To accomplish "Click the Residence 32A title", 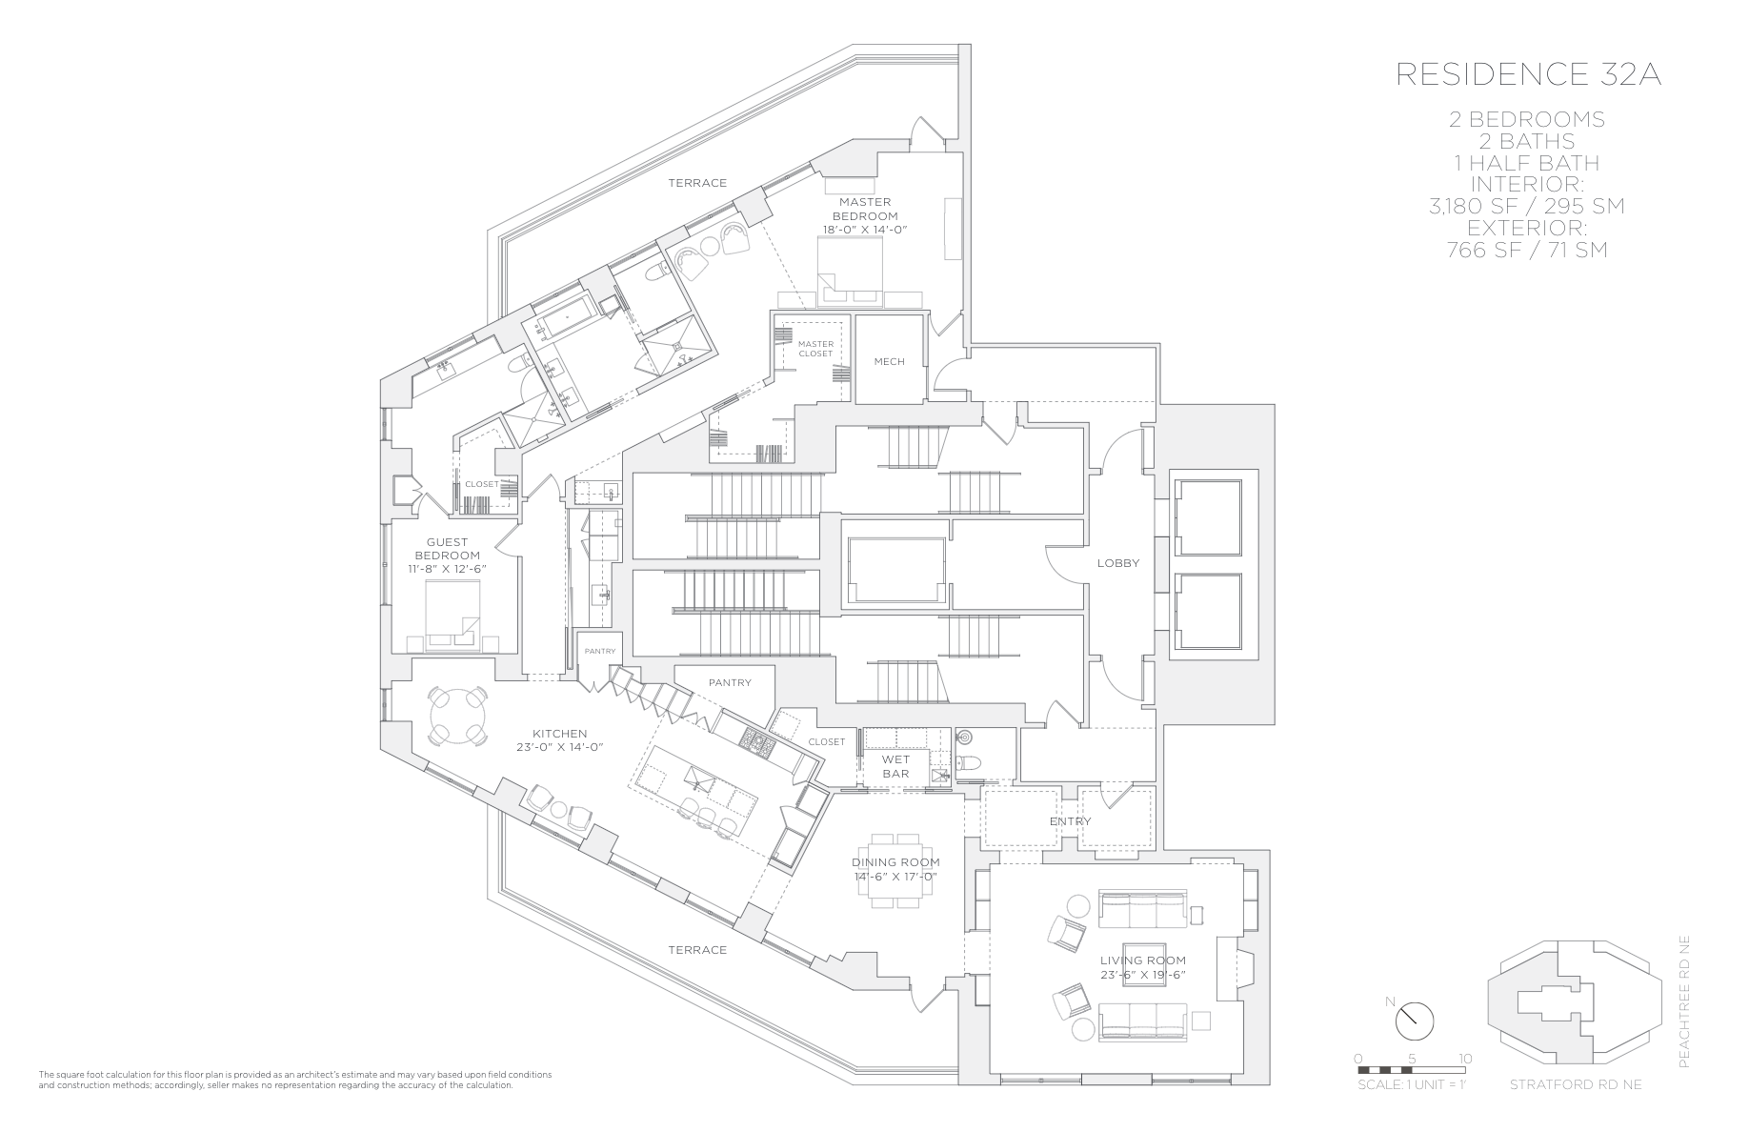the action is tap(1528, 75).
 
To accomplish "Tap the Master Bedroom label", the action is tap(865, 209).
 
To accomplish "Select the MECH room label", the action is tap(889, 361).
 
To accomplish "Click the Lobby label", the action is tap(1117, 562).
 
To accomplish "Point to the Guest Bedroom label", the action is tap(447, 549).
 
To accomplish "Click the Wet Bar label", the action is tap(895, 766).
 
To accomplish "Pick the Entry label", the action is tap(1071, 820).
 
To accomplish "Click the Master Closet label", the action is tap(815, 349).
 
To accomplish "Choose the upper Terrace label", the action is tap(697, 183).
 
